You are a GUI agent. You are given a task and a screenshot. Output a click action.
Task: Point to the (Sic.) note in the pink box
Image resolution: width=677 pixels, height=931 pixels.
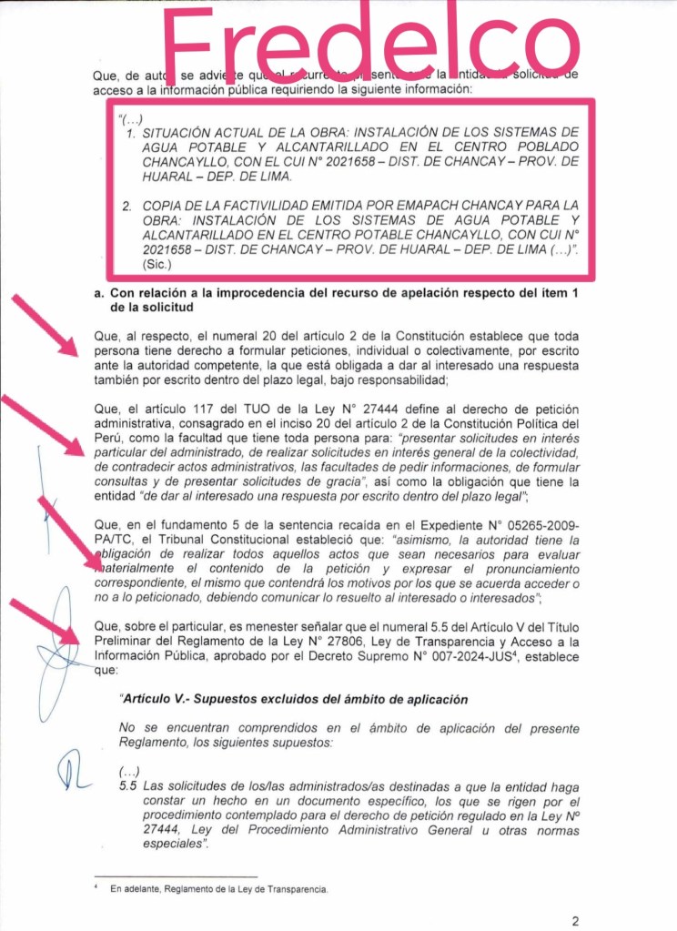(x=157, y=264)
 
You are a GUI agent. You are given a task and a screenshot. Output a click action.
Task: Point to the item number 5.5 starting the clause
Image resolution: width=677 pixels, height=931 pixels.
(x=128, y=786)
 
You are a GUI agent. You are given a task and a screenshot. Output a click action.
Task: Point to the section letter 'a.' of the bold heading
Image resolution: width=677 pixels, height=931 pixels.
(x=100, y=293)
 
